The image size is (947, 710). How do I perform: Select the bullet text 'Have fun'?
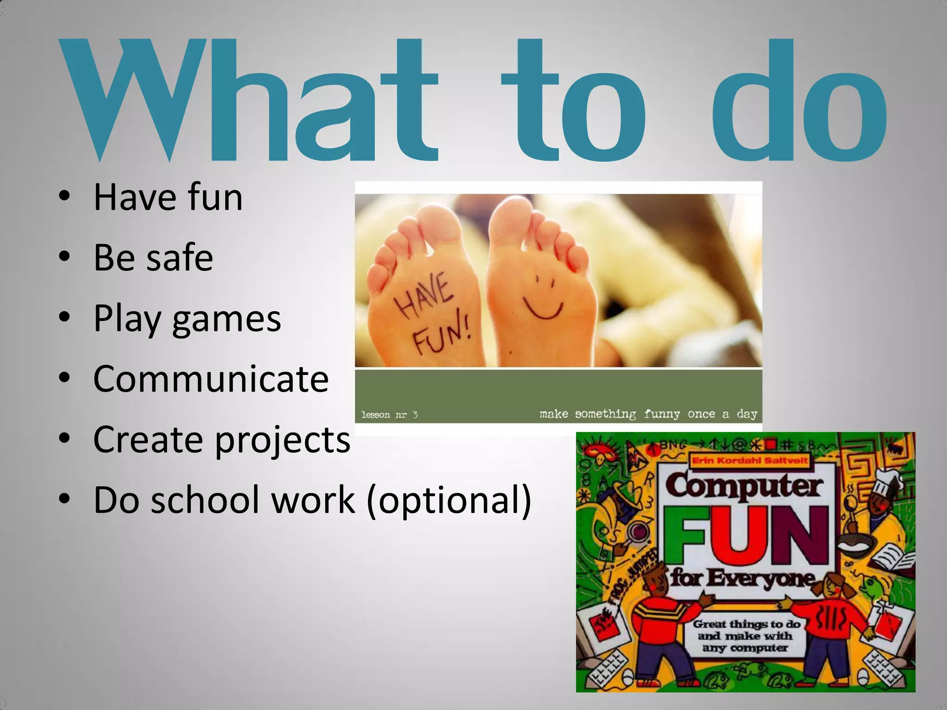(x=168, y=197)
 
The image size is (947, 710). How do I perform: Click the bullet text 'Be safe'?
(x=153, y=257)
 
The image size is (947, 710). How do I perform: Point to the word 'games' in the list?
(x=227, y=319)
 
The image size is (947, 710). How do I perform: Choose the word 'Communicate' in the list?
(x=211, y=379)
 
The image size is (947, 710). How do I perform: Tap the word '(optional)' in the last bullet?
(x=449, y=500)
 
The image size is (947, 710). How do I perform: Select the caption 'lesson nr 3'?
(x=389, y=415)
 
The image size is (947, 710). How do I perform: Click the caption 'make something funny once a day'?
(x=648, y=414)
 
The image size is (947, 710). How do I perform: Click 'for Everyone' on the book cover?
(x=743, y=578)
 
